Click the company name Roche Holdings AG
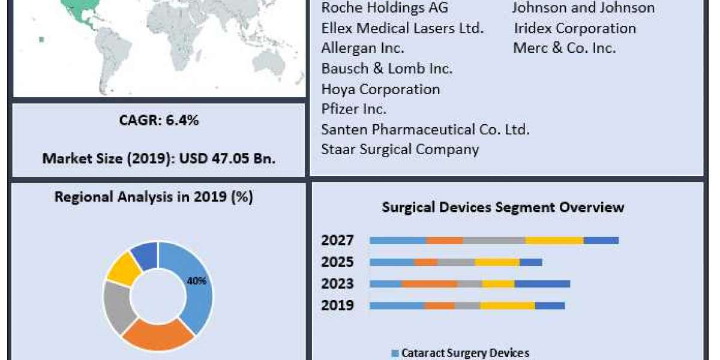[385, 8]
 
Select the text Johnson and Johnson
[583, 8]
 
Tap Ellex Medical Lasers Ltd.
[403, 28]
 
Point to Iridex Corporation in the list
[575, 28]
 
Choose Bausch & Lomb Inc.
[387, 68]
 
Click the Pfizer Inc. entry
[354, 109]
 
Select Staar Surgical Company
[400, 149]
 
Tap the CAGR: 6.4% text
[158, 120]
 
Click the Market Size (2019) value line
[158, 159]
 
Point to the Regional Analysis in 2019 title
[154, 197]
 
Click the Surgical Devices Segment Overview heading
[503, 208]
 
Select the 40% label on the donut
[197, 281]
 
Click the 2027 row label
[337, 241]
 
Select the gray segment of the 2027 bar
[494, 241]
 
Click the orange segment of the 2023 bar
[430, 284]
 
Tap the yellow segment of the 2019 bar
[507, 305]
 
